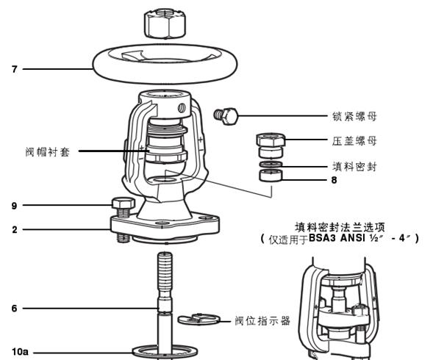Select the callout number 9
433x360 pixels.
14,206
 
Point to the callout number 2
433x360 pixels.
14,229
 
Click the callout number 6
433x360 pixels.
14,309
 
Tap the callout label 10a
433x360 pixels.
19,353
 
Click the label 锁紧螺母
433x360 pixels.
355,116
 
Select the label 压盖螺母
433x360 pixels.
355,140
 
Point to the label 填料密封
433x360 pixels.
355,166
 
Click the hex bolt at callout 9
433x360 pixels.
122,205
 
